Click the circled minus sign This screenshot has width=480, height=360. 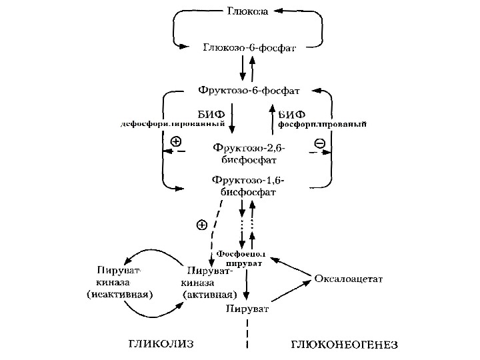pyautogui.click(x=320, y=143)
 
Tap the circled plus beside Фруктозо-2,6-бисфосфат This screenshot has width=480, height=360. pyautogui.click(x=176, y=141)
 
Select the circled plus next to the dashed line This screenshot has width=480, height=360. pyautogui.click(x=202, y=225)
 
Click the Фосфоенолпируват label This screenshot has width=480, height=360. pyautogui.click(x=241, y=259)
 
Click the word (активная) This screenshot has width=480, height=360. pyautogui.click(x=208, y=294)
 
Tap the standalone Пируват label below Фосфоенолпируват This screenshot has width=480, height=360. pyautogui.click(x=247, y=309)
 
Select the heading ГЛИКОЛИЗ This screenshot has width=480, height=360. pyautogui.click(x=159, y=344)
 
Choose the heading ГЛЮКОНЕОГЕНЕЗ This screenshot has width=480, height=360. pyautogui.click(x=344, y=345)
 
